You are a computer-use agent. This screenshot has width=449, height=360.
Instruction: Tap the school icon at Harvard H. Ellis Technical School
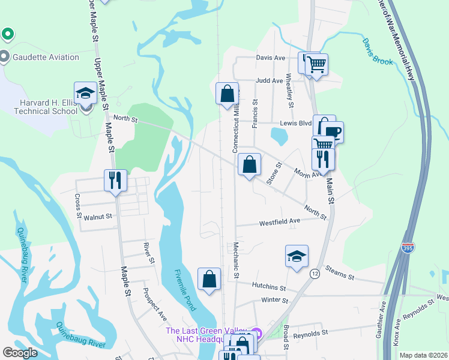85,93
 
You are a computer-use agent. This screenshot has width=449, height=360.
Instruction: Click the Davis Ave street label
270,58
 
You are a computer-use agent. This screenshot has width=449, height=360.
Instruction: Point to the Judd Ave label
269,80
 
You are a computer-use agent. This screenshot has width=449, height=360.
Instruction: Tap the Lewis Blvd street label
295,123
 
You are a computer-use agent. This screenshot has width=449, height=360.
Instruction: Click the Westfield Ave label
279,222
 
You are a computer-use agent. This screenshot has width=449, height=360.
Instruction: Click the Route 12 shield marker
315,274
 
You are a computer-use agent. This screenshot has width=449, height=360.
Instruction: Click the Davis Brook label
378,52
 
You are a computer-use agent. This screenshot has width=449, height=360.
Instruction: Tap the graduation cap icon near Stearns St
297,256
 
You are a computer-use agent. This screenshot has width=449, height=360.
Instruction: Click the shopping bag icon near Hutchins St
209,279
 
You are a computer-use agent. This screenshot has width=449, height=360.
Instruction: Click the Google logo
20,353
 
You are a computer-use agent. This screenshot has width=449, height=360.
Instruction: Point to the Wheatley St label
290,90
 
